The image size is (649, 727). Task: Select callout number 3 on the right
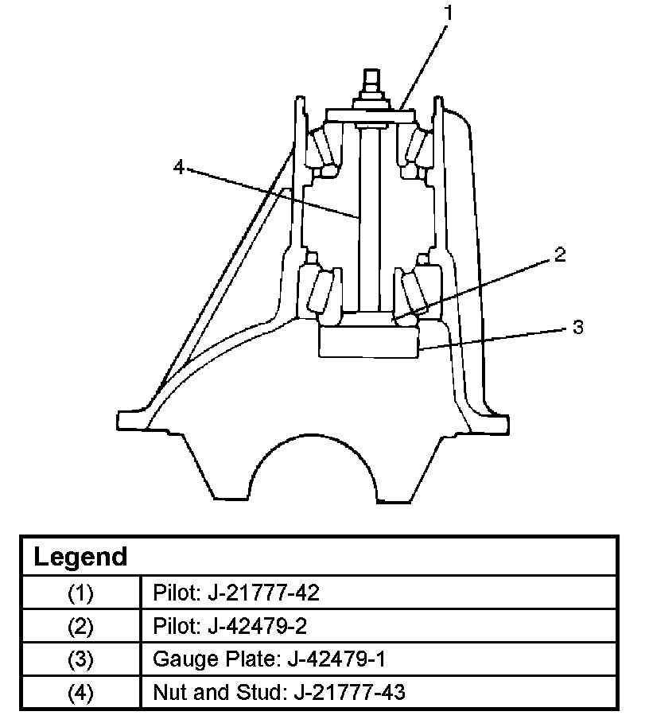(x=578, y=327)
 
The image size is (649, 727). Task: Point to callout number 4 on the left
(x=179, y=167)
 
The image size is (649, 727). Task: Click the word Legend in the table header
(x=80, y=557)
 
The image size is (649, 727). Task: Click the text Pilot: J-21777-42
(x=235, y=593)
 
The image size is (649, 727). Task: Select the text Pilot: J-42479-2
(x=229, y=626)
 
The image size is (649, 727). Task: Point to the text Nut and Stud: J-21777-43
(x=278, y=693)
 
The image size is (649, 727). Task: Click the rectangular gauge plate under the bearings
(x=367, y=343)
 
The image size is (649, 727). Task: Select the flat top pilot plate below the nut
(x=371, y=116)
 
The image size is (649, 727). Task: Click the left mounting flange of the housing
(x=135, y=419)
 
